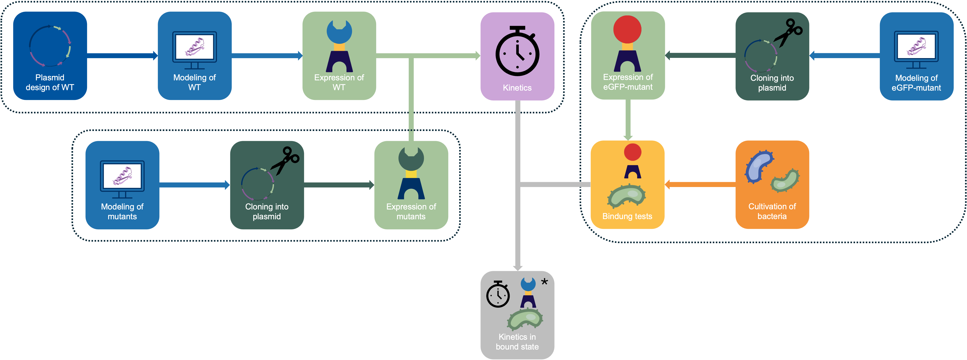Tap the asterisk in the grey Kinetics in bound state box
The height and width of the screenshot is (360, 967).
point(544,282)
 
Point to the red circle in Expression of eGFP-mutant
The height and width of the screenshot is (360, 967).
point(627,29)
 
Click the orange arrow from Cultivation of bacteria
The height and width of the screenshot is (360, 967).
point(700,184)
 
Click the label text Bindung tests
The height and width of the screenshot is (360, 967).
point(627,216)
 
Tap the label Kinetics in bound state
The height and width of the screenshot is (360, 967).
point(517,342)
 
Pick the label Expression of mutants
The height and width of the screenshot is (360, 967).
point(411,211)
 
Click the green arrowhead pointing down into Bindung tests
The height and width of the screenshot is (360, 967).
point(628,138)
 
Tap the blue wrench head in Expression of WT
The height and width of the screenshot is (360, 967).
point(339,32)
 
